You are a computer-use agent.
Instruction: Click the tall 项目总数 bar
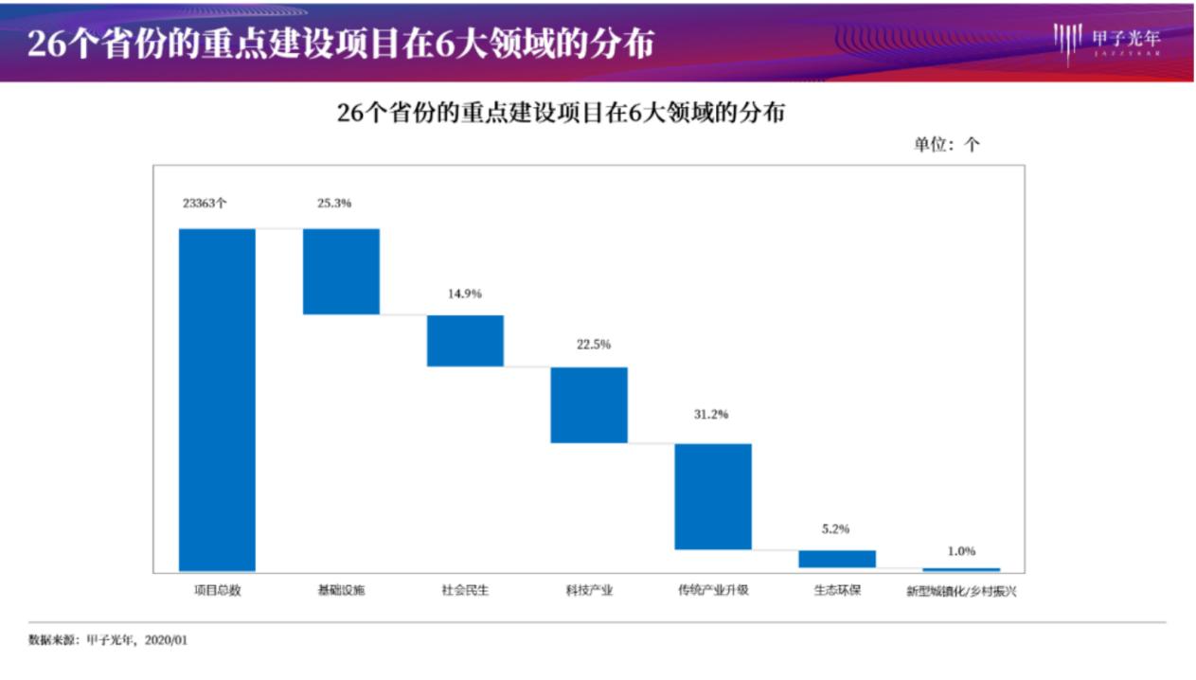click(217, 399)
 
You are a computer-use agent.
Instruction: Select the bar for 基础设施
click(341, 271)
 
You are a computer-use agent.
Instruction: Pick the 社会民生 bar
click(465, 340)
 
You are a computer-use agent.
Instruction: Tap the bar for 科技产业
click(589, 404)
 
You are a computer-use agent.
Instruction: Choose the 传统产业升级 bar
click(713, 496)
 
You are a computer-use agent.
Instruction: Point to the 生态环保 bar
click(837, 559)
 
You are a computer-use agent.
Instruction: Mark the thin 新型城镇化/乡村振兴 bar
click(961, 569)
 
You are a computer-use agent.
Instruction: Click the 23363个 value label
click(205, 203)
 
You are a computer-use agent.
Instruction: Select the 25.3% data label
click(334, 203)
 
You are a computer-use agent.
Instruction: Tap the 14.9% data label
click(465, 294)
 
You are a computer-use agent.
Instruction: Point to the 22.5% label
click(594, 345)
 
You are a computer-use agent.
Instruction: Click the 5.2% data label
click(835, 529)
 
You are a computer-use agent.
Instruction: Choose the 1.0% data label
click(961, 551)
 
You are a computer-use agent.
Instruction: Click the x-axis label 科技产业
click(589, 590)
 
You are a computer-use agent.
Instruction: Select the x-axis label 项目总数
click(217, 590)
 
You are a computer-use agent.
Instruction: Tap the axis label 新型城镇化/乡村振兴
click(961, 591)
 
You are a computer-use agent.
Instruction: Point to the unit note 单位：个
click(946, 145)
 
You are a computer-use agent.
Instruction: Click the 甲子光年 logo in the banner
click(1107, 40)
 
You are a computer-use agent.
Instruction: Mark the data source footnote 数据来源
click(108, 640)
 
